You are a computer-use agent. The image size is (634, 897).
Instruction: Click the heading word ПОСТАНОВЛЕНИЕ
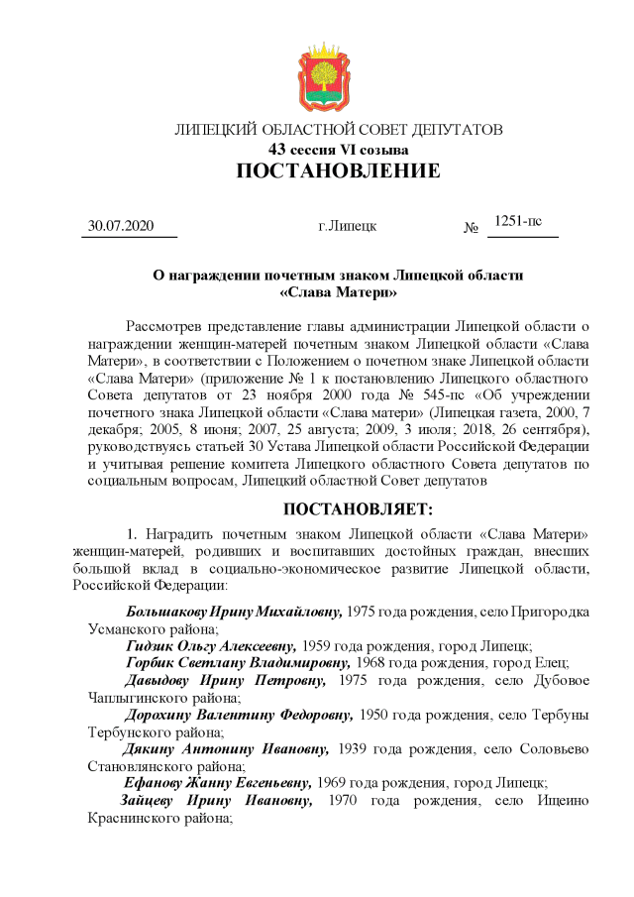[x=338, y=171]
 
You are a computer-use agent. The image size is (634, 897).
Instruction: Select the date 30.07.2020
[x=122, y=226]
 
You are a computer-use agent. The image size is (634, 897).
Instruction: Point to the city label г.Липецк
[x=347, y=227]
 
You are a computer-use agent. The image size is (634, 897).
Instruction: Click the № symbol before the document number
[x=471, y=229]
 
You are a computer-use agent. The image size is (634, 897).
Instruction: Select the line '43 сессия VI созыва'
[x=338, y=150]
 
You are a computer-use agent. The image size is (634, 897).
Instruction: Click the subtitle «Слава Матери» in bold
[x=338, y=292]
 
